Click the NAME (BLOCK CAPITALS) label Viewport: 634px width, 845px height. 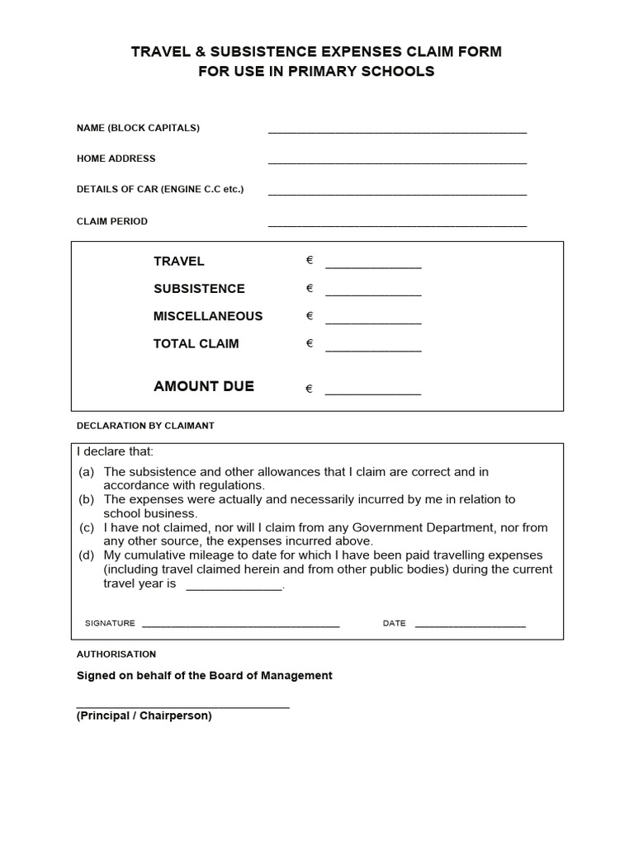point(138,128)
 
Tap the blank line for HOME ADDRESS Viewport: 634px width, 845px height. point(397,163)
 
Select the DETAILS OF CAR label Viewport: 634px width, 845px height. point(160,189)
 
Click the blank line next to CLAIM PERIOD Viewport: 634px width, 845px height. point(397,224)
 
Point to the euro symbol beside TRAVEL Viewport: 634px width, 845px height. point(310,261)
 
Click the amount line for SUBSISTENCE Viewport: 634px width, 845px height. point(373,294)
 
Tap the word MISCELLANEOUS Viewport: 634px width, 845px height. point(208,316)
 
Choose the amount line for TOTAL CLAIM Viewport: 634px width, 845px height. point(373,350)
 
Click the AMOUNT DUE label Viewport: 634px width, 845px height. point(204,386)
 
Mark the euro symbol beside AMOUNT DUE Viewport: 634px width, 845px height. point(310,389)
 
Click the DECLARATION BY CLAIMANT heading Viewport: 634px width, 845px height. point(145,426)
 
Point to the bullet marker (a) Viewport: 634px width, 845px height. point(87,472)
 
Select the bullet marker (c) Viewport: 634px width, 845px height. point(87,527)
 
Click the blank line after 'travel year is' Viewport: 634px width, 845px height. point(234,588)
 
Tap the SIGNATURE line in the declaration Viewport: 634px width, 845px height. point(240,626)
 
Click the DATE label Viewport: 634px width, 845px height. point(394,623)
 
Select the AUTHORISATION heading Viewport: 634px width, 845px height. point(116,654)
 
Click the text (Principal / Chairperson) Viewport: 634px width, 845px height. point(144,716)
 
